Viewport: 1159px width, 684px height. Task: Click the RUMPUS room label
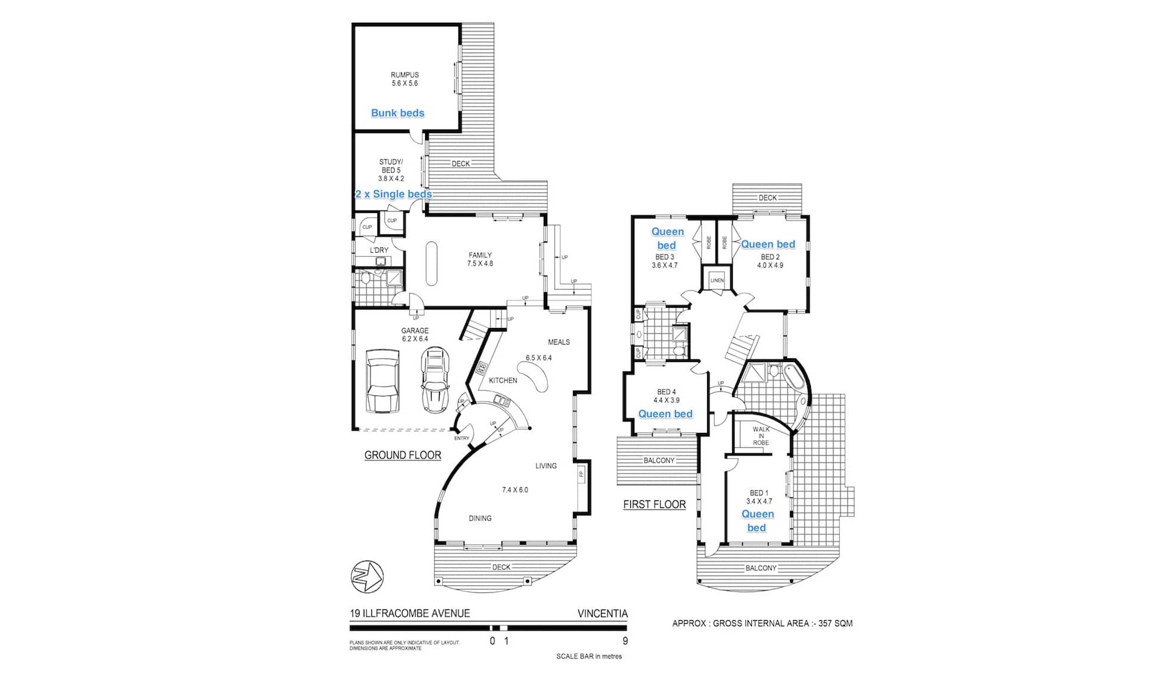405,75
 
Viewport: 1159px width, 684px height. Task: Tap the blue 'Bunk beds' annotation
398,113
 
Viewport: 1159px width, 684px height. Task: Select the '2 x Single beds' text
393,194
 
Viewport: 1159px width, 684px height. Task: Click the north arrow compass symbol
367,577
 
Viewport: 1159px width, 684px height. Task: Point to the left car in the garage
382,381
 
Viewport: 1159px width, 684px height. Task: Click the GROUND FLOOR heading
403,455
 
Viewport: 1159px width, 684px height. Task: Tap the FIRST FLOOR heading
655,505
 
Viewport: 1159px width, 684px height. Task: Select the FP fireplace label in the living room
581,475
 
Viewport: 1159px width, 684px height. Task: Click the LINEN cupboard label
717,280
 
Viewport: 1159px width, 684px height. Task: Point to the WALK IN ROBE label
761,436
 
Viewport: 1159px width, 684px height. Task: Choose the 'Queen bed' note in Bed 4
665,414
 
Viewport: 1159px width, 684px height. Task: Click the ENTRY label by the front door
462,438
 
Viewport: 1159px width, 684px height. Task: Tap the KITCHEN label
503,380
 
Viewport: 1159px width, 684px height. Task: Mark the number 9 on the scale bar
625,642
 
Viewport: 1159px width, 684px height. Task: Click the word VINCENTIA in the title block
603,614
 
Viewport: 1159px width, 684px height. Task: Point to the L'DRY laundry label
379,250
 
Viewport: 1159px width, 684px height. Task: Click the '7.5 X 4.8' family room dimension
481,264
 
